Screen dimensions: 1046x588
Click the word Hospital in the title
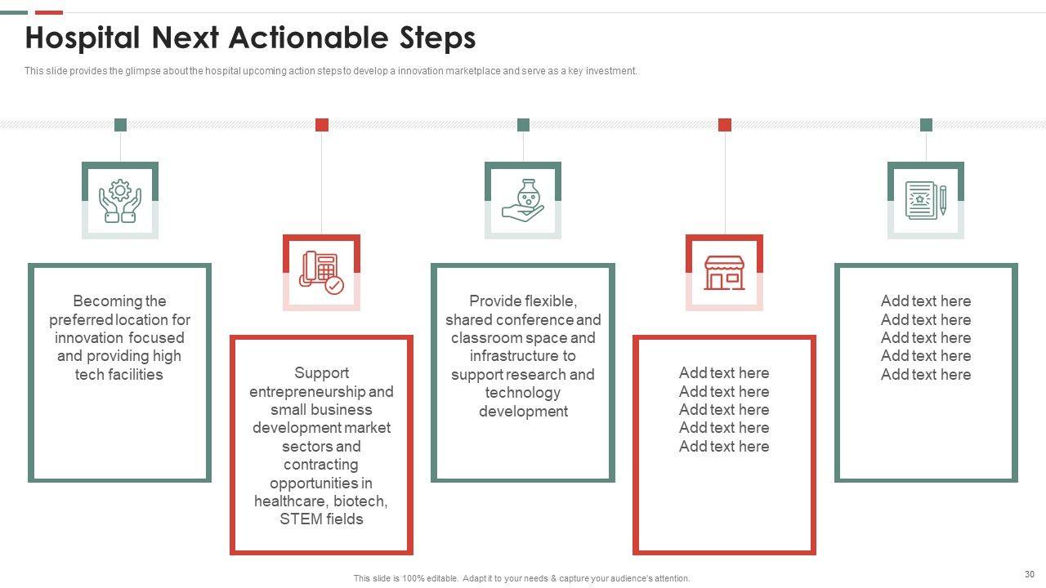pos(83,38)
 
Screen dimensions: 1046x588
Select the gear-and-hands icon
pos(120,201)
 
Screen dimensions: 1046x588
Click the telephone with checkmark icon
pos(321,273)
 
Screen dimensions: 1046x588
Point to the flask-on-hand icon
pos(523,200)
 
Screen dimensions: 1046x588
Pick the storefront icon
pos(724,273)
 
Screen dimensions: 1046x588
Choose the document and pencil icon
pos(926,200)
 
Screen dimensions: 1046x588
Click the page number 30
pos(1030,574)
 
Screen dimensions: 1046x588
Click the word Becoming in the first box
pos(101,301)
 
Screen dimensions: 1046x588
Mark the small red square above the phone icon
pos(322,125)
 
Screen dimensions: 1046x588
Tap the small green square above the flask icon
pos(524,125)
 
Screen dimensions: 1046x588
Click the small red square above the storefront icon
pos(725,125)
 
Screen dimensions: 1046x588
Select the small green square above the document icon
pos(926,125)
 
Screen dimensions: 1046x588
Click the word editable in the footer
pos(442,579)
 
